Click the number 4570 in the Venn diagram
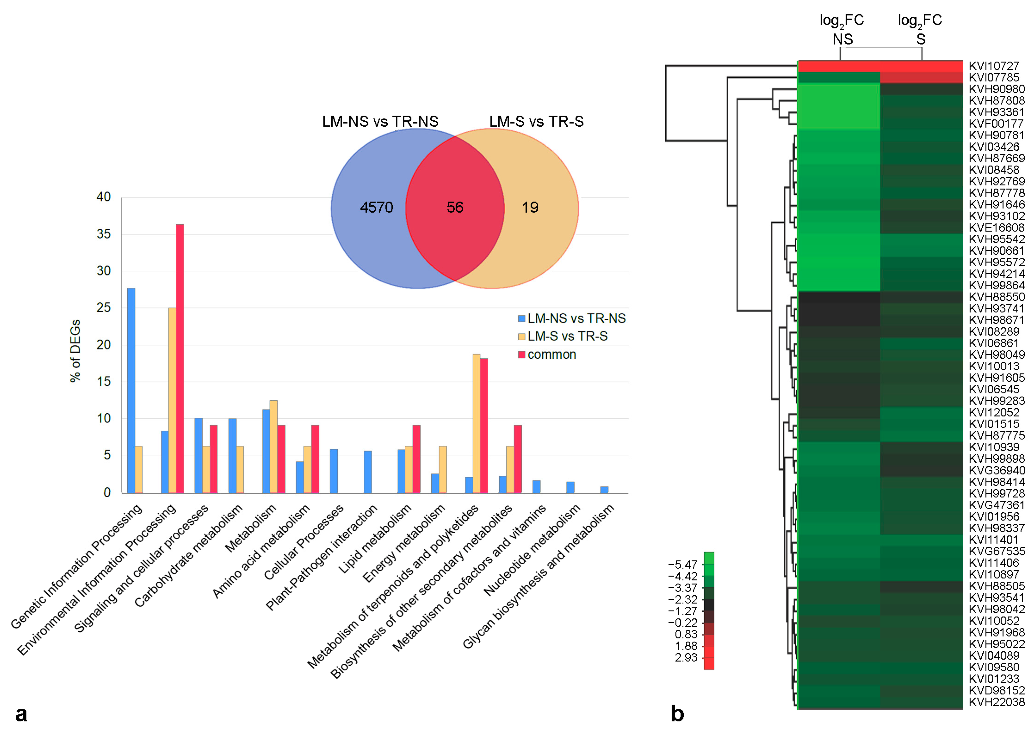pos(376,208)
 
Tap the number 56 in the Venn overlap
pos(455,208)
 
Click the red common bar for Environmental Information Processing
pos(180,359)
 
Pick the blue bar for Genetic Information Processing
pos(131,391)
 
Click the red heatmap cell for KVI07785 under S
pos(921,78)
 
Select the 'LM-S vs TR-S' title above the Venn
pos(536,121)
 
